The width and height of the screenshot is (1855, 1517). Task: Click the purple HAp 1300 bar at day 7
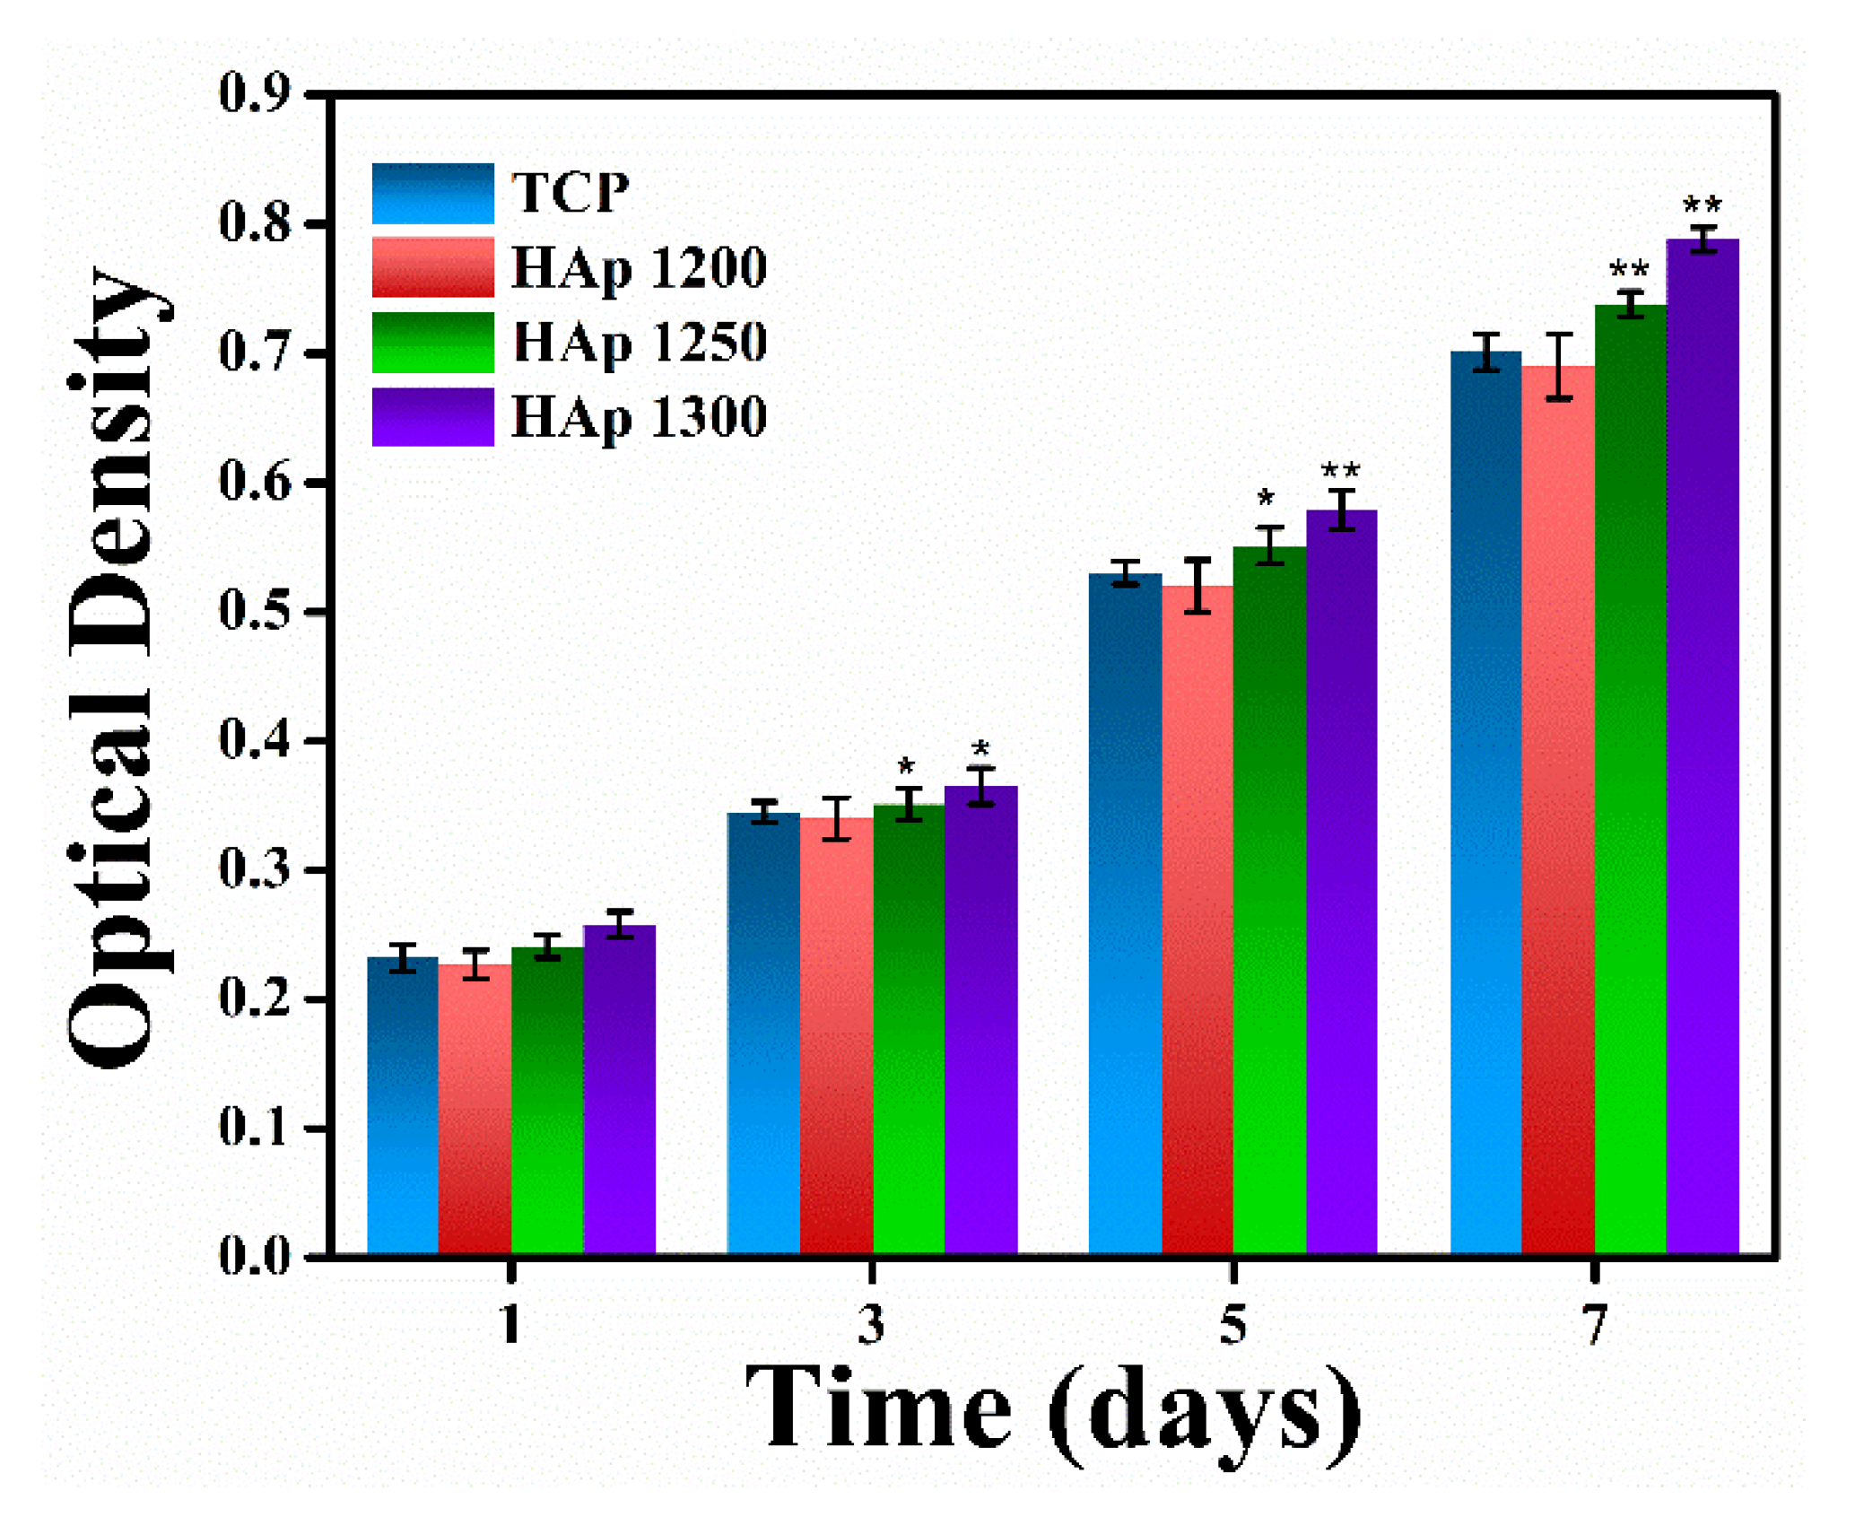click(1702, 745)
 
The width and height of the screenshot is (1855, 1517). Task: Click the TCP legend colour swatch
click(432, 193)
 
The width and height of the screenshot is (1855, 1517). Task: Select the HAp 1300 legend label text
click(639, 418)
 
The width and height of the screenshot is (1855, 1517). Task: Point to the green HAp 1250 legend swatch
click(432, 342)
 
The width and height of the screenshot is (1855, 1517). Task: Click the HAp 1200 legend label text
click(639, 268)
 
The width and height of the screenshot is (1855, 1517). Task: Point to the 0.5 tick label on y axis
click(255, 612)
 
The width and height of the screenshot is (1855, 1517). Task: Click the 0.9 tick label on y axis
click(255, 92)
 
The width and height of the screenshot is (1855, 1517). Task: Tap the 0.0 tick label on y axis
click(255, 1256)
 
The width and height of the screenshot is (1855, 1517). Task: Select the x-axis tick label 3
click(871, 1324)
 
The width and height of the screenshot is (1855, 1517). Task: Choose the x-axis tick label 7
click(1594, 1324)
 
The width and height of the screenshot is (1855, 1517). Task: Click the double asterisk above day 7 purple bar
click(1702, 205)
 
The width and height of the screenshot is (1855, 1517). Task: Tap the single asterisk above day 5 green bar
click(1266, 498)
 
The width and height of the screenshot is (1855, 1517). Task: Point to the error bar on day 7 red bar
click(1559, 366)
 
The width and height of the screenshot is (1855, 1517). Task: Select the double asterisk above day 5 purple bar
click(1340, 470)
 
